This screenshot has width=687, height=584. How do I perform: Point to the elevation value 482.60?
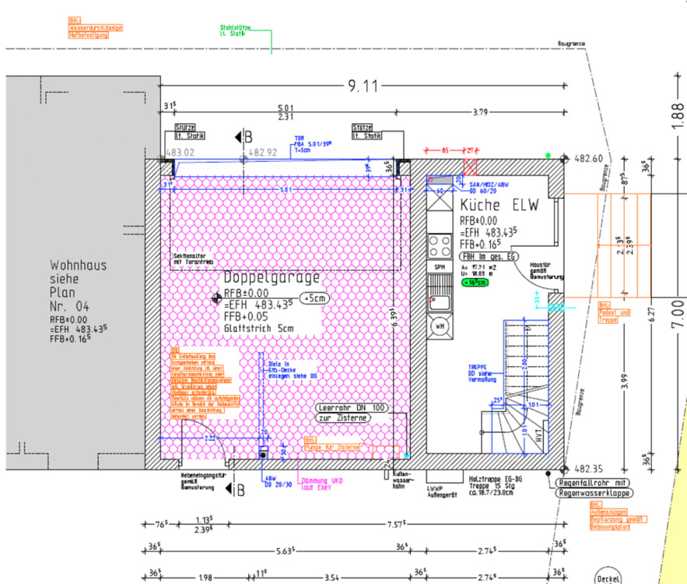589,158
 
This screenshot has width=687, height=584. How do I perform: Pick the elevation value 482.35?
589,470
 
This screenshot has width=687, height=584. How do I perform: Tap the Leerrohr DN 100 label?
352,407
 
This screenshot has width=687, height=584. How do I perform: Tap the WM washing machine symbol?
440,325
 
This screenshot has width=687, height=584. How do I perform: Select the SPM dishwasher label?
440,266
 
